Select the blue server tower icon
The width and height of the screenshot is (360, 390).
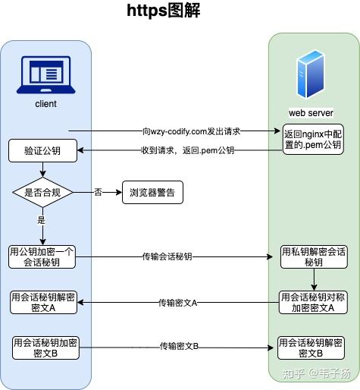tap(305, 73)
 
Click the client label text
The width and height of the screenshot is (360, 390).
tap(45, 103)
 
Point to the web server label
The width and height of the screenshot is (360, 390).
tap(305, 112)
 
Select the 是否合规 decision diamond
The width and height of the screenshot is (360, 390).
tap(42, 193)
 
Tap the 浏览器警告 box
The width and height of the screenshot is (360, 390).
tap(153, 193)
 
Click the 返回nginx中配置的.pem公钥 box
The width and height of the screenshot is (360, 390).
tap(312, 137)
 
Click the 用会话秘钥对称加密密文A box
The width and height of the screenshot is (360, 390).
tap(313, 303)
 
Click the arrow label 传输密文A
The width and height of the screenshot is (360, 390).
tap(178, 303)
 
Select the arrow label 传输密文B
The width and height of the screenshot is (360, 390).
tap(179, 347)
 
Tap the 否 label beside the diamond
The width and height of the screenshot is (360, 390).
tap(97, 192)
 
